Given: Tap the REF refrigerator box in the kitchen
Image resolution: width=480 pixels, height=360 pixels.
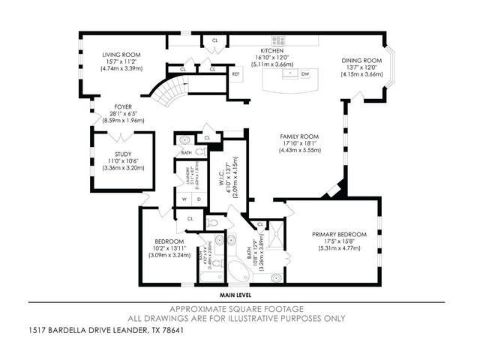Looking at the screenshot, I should [235, 74].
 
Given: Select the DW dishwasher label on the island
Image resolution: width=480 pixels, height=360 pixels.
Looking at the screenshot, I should [304, 74].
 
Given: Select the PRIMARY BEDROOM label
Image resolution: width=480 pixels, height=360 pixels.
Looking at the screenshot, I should [339, 234].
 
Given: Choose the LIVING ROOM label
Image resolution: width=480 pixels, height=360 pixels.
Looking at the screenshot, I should [121, 55].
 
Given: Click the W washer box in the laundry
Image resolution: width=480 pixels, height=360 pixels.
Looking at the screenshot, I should [183, 199].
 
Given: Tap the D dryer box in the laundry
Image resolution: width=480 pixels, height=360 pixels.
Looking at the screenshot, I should [197, 199].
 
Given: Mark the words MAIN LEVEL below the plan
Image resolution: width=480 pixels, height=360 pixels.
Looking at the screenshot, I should [236, 296].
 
